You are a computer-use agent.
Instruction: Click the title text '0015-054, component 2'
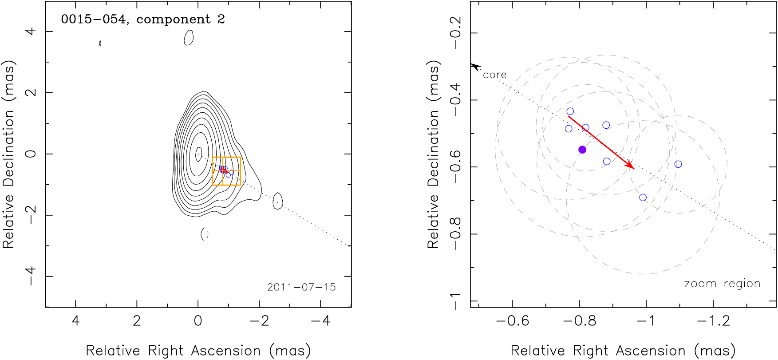point(143,20)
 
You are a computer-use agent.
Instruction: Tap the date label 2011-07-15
point(301,287)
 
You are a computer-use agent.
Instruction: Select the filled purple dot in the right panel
point(582,150)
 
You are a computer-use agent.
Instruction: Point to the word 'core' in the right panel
point(494,75)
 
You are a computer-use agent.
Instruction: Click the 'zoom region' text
point(722,284)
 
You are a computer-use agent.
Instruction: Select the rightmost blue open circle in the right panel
point(678,164)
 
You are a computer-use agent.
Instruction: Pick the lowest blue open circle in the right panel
point(643,198)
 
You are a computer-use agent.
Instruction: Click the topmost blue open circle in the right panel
point(570,111)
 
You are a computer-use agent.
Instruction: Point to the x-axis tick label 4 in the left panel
point(75,320)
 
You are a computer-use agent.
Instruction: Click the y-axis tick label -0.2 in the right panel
point(456,33)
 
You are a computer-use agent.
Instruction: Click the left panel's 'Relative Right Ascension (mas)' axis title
point(198,351)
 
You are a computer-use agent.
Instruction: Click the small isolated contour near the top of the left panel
point(189,38)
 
